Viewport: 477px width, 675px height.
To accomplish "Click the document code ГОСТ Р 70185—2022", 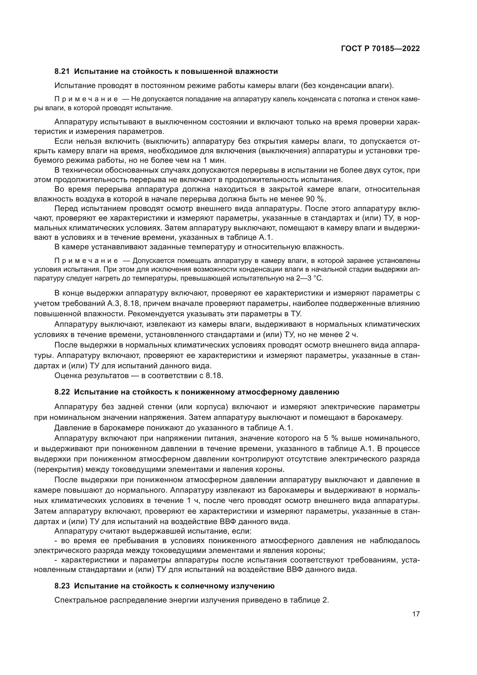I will point(380,48).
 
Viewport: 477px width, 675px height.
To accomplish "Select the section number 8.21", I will point(62,72).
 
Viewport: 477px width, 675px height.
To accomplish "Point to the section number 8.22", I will point(62,392).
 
